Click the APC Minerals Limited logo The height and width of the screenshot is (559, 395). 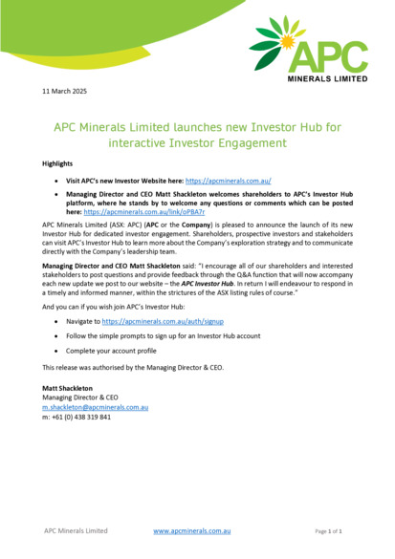pyautogui.click(x=309, y=51)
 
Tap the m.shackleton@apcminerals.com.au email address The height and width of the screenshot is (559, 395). pyautogui.click(x=95, y=407)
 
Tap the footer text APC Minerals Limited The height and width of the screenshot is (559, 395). pyautogui.click(x=76, y=530)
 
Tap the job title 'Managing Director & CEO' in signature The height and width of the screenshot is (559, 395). pyautogui.click(x=81, y=398)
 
